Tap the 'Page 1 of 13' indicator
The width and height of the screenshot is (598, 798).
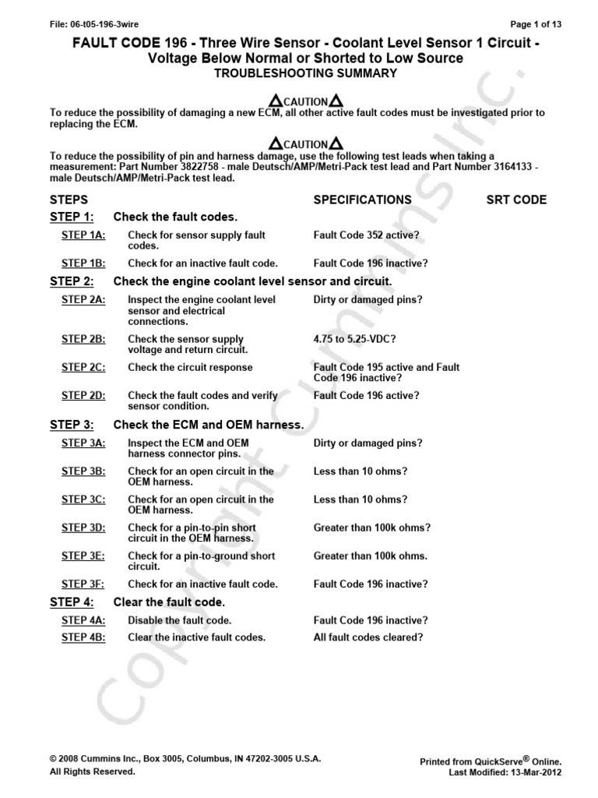tap(536, 24)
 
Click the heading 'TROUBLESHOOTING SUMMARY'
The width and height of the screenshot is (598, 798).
tap(299, 73)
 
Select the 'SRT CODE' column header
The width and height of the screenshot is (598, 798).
tap(516, 199)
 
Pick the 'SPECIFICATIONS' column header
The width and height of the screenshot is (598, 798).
tap(362, 199)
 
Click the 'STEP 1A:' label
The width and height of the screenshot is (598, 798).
tap(83, 235)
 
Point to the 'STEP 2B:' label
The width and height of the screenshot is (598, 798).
tap(83, 339)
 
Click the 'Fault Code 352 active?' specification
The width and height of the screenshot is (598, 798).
tap(367, 235)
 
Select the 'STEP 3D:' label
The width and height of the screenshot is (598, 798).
tap(83, 528)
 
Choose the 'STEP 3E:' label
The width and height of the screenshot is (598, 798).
tap(83, 556)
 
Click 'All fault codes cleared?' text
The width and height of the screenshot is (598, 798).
tap(368, 637)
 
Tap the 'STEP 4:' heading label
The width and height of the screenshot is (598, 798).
tap(72, 602)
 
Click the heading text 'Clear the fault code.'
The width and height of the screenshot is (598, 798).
tap(169, 602)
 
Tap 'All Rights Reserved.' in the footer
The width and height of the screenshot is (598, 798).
tap(92, 772)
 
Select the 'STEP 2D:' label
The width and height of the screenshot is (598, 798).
tap(83, 395)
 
